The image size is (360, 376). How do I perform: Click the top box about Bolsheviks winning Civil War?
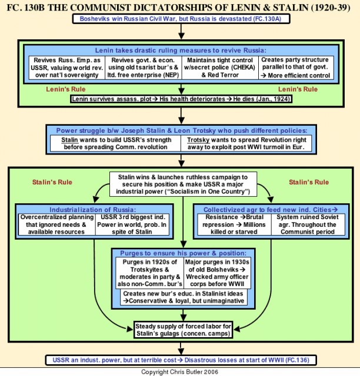pyautogui.click(x=181, y=19)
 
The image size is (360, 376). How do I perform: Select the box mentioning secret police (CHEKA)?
pyautogui.click(x=220, y=68)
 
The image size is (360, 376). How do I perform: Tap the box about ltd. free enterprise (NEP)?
pyautogui.click(x=144, y=68)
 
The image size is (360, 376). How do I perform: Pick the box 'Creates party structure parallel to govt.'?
pyautogui.click(x=296, y=68)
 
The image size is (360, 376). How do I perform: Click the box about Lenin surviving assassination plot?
pyautogui.click(x=181, y=99)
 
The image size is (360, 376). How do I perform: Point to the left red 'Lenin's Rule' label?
pyautogui.click(x=66, y=89)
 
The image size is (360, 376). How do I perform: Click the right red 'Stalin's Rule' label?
pyautogui.click(x=309, y=182)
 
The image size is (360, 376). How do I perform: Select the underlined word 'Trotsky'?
pyautogui.click(x=198, y=140)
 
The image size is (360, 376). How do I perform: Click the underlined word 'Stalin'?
pyautogui.click(x=69, y=140)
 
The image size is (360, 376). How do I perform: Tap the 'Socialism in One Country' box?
pyautogui.click(x=184, y=184)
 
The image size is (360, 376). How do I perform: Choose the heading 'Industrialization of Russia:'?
pyautogui.click(x=93, y=210)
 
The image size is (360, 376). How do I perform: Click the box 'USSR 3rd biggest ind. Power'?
pyautogui.click(x=132, y=224)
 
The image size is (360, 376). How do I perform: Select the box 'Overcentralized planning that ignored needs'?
pyautogui.click(x=57, y=224)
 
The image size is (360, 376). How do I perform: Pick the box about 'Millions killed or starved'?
pyautogui.click(x=234, y=224)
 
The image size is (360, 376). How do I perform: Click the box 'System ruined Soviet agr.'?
pyautogui.click(x=308, y=224)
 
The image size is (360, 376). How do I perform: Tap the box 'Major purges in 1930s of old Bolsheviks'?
pyautogui.click(x=217, y=273)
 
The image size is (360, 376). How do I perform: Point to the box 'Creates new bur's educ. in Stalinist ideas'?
pyautogui.click(x=184, y=297)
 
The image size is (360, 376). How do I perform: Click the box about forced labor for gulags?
pyautogui.click(x=184, y=330)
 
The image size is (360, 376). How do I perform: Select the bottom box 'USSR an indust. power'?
pyautogui.click(x=181, y=360)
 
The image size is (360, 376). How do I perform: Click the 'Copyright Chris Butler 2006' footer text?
pyautogui.click(x=179, y=372)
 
